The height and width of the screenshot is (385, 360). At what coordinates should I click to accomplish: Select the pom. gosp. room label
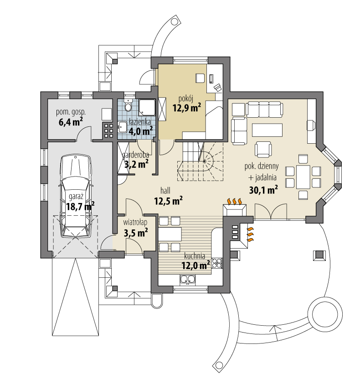tap(71, 111)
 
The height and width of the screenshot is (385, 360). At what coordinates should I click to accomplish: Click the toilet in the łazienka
tap(128, 106)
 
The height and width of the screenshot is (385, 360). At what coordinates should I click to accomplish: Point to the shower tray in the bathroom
tap(147, 107)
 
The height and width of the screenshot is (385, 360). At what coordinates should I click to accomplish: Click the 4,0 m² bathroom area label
tap(140, 131)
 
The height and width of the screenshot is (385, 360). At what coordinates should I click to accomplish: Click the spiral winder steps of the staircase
tap(210, 160)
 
